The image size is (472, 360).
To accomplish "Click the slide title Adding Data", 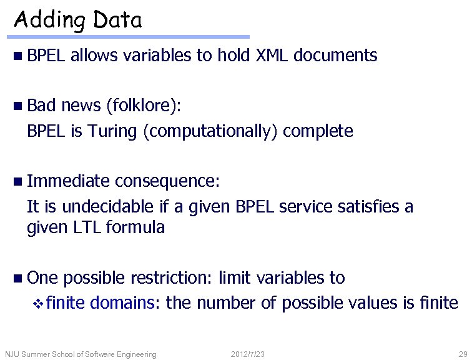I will (78, 21).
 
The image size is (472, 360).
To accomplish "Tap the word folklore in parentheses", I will (142, 106).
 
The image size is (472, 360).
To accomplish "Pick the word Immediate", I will (69, 181).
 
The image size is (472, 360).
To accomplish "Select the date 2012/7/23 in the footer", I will (248, 354).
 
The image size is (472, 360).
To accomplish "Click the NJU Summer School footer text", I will (81, 354).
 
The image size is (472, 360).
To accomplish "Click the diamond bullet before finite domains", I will (38, 304).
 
